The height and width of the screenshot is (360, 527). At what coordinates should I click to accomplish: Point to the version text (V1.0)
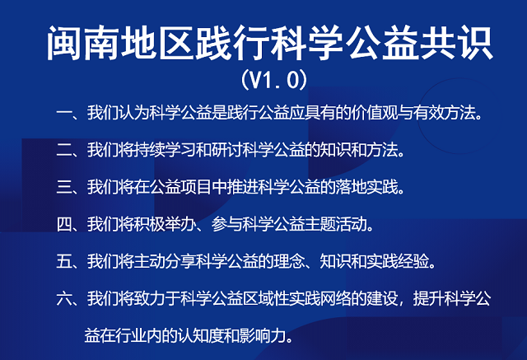(x=274, y=80)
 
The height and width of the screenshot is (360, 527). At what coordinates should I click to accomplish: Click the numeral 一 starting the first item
(x=64, y=113)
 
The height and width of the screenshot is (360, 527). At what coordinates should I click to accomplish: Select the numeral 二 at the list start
(x=64, y=150)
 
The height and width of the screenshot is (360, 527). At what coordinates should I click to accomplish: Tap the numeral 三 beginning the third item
(x=64, y=187)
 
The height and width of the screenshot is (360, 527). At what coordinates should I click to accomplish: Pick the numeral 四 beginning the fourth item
(x=64, y=224)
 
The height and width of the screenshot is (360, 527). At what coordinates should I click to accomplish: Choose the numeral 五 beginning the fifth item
(x=64, y=261)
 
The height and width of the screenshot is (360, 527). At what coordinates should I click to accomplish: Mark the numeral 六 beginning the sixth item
(x=64, y=298)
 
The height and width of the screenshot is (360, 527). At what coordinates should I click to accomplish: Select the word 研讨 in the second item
(x=227, y=150)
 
